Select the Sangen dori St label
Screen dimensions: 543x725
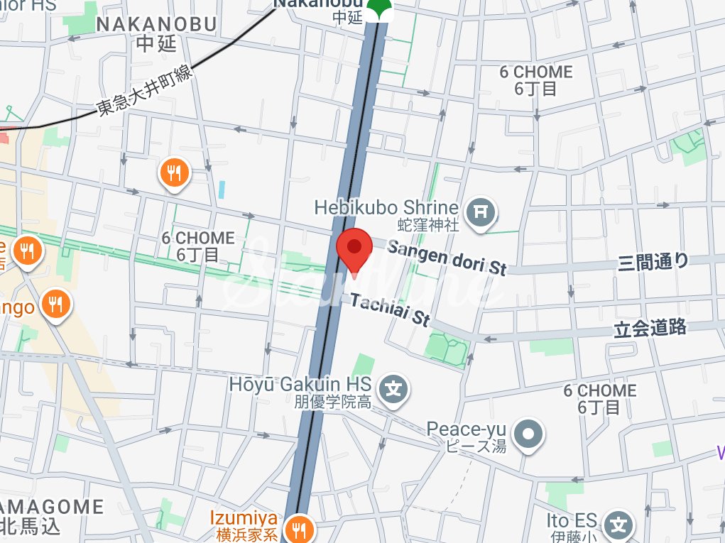tap(447, 258)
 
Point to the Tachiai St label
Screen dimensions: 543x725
tap(390, 310)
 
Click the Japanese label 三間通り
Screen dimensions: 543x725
tap(653, 262)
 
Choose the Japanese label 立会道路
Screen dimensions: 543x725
tap(650, 327)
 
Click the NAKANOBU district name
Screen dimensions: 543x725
tap(156, 24)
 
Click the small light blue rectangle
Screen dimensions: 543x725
tap(222, 190)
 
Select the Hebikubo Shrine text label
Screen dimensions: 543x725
tap(386, 208)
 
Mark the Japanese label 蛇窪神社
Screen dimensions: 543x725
tap(428, 226)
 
